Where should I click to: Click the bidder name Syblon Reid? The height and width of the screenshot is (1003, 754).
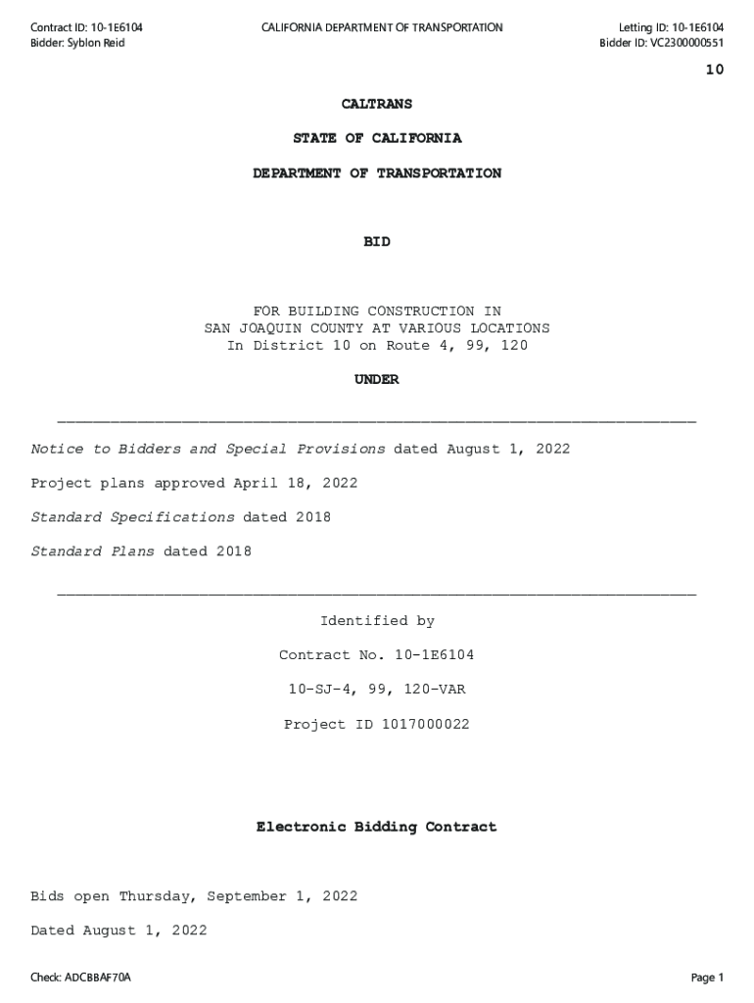tap(96, 43)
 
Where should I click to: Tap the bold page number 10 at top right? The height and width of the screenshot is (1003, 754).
tap(714, 70)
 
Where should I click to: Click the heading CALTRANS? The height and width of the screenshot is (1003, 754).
tap(377, 104)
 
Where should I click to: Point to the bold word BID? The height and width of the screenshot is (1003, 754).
tap(377, 242)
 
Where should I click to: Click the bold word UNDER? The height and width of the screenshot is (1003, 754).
tap(377, 380)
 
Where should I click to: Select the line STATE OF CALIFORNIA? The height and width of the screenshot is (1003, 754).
tap(377, 138)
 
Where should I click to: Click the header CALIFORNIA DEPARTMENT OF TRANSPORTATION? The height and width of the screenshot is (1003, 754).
tap(382, 27)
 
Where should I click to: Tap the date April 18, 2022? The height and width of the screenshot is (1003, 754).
tap(295, 483)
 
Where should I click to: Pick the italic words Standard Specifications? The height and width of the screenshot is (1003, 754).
tap(132, 517)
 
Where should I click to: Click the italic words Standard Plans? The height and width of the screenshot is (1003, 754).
tap(92, 551)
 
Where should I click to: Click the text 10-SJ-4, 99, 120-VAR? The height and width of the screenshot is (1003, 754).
tap(377, 690)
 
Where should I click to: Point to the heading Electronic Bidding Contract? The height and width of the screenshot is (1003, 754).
tap(377, 828)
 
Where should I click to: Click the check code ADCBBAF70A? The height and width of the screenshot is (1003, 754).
tap(98, 978)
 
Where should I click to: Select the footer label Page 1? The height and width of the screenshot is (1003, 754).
tap(707, 978)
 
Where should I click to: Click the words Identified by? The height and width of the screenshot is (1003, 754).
tap(377, 621)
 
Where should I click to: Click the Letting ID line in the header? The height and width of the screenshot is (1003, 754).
tap(671, 27)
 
